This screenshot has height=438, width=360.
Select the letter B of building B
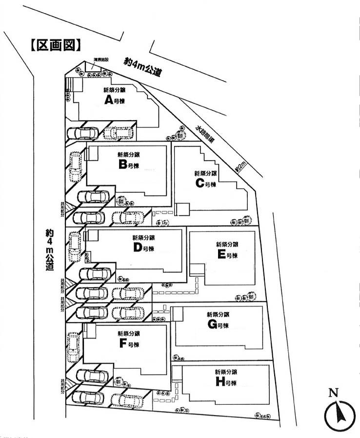122,165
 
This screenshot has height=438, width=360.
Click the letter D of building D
137,248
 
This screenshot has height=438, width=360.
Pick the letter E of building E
221,254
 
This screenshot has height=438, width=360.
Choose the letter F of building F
122,344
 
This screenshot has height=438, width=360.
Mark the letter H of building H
220,382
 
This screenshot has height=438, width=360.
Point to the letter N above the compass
333,392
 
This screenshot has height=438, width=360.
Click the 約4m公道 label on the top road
143,67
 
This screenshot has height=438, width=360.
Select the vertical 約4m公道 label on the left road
49,250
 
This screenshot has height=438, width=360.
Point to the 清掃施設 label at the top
100,61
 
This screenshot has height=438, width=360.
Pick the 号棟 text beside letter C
210,185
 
